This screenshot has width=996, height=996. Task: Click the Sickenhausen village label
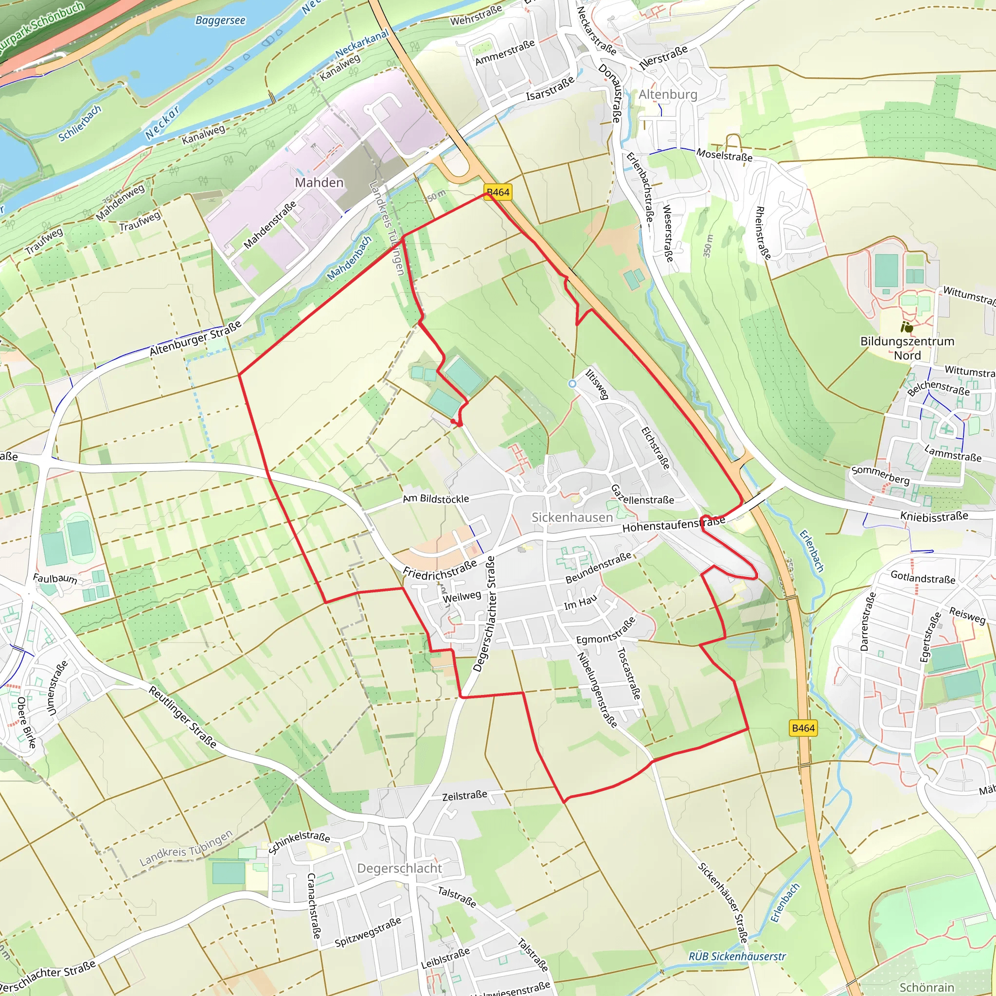[572, 517]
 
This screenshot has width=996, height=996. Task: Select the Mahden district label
[319, 182]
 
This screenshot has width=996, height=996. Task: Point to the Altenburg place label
[668, 94]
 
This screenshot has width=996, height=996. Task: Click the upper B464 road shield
[498, 192]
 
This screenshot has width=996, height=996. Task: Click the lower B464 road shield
[803, 728]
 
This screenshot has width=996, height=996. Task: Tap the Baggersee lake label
[220, 20]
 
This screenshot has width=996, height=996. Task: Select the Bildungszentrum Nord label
[907, 348]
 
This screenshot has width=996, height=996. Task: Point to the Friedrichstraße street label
[440, 570]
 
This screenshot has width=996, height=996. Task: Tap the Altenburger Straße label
[196, 338]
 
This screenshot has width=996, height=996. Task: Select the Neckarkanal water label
[362, 44]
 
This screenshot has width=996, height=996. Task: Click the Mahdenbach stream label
[350, 258]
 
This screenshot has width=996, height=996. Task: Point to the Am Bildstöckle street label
[436, 498]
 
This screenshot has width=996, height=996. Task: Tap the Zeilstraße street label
[464, 796]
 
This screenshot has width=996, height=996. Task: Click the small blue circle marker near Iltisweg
[572, 384]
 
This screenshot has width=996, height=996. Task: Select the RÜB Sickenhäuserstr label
[737, 956]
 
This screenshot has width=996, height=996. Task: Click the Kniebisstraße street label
[934, 516]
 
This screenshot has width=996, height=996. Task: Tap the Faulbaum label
[55, 578]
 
